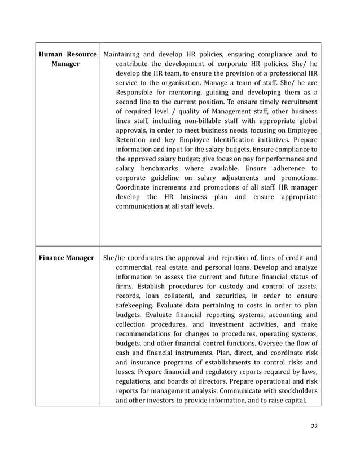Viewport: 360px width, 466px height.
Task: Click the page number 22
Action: pyautogui.click(x=314, y=426)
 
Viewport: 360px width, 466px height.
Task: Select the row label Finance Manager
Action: pyautogui.click(x=67, y=258)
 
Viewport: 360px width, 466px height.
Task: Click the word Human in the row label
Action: pyautogui.click(x=52, y=54)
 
